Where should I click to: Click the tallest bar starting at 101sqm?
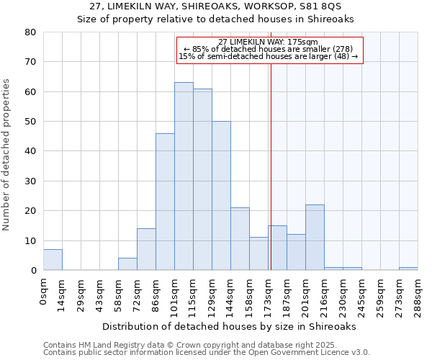click(x=184, y=176)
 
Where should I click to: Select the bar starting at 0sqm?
click(x=53, y=260)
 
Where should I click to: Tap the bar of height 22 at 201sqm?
click(x=315, y=238)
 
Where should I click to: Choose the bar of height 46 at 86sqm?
click(x=165, y=202)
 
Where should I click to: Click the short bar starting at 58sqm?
click(x=127, y=264)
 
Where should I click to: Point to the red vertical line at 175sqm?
click(x=271, y=166)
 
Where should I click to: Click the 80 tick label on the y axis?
click(x=30, y=32)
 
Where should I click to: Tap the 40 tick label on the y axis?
click(x=30, y=151)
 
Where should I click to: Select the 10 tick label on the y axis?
click(x=30, y=241)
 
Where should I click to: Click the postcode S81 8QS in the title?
click(x=317, y=6)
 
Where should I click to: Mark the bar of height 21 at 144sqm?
click(x=240, y=239)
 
